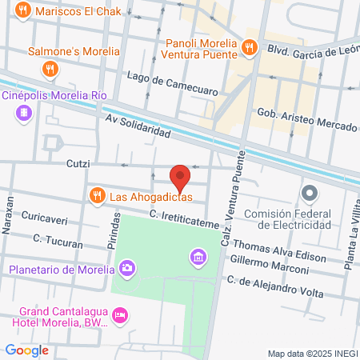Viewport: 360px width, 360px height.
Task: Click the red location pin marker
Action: (x=180, y=175)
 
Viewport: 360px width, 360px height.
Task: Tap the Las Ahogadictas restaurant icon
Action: (x=97, y=195)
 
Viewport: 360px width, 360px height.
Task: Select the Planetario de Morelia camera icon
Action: (x=126, y=267)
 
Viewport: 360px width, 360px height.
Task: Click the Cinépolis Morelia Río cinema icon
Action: (x=23, y=114)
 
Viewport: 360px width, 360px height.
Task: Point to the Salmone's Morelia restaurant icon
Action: (x=50, y=69)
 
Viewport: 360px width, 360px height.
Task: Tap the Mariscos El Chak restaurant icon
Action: (x=23, y=12)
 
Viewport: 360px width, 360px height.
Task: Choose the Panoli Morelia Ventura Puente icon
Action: (x=250, y=48)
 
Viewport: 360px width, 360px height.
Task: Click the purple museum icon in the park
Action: (x=197, y=258)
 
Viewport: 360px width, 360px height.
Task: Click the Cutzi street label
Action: (x=77, y=163)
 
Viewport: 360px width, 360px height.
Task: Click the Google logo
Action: (x=26, y=350)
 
